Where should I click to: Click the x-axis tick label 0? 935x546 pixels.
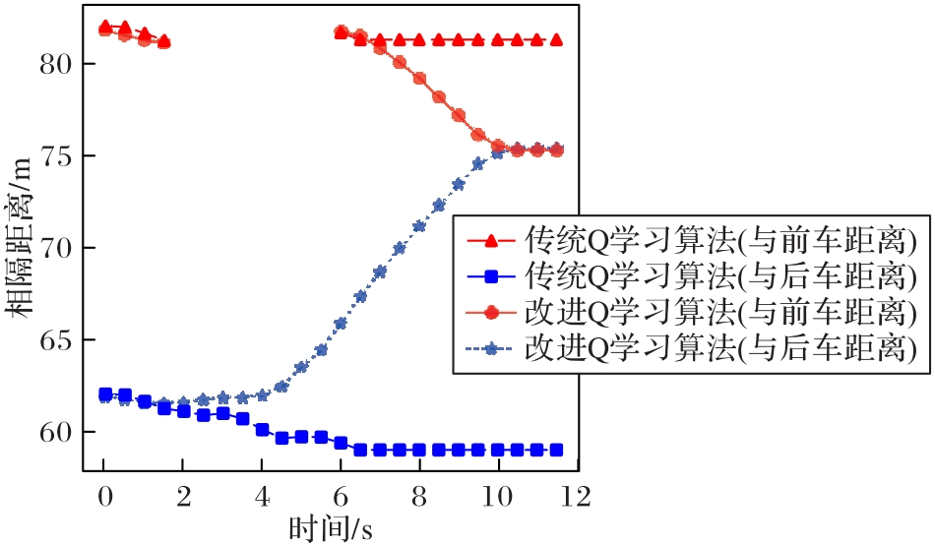(x=104, y=495)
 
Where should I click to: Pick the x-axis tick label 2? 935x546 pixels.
(x=183, y=495)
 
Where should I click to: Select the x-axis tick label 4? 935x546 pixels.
(x=262, y=495)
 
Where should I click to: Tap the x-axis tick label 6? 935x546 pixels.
(x=341, y=495)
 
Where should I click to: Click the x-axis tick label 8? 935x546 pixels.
(x=419, y=495)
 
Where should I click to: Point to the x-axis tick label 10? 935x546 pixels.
(x=498, y=495)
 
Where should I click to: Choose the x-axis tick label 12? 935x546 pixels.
(x=576, y=495)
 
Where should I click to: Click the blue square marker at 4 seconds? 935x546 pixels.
(x=262, y=430)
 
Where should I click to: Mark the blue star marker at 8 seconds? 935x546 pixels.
(x=419, y=226)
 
